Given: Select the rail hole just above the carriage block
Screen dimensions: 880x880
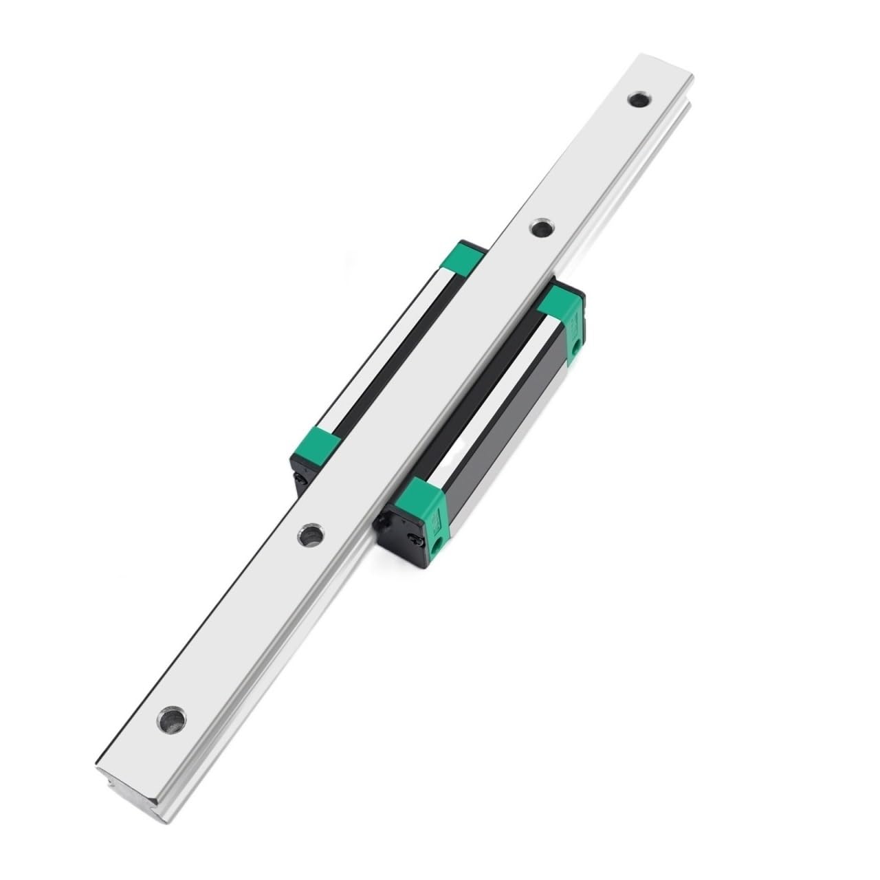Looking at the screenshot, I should pos(540,227).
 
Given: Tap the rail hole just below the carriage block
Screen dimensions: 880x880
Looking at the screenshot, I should pos(311,533).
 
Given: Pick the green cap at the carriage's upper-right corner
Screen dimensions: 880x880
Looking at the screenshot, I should pos(562,315).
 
